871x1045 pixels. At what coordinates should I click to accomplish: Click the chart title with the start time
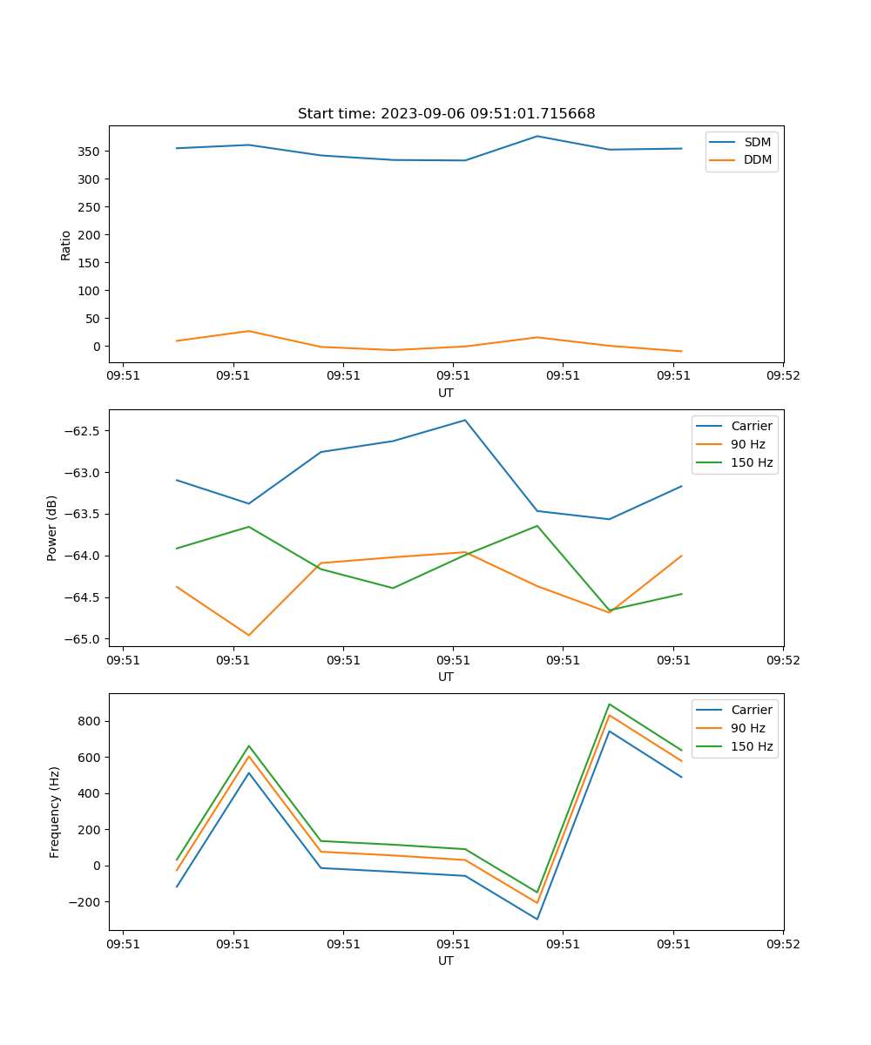pyautogui.click(x=446, y=114)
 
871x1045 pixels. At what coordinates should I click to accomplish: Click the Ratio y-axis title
pyautogui.click(x=66, y=245)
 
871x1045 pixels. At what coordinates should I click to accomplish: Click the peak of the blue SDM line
pyautogui.click(x=537, y=136)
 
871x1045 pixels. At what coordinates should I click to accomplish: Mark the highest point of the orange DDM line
pyautogui.click(x=249, y=331)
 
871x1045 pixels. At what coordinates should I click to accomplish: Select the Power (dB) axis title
pyautogui.click(x=52, y=528)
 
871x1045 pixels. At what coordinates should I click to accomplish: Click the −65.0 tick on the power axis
pyautogui.click(x=83, y=639)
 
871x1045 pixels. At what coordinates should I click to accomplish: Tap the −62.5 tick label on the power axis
pyautogui.click(x=83, y=431)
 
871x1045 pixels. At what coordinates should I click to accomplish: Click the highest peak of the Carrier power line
pyautogui.click(x=465, y=421)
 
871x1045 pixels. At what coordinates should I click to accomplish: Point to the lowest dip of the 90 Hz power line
pyautogui.click(x=249, y=635)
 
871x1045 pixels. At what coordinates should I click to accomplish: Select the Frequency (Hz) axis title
pyautogui.click(x=54, y=812)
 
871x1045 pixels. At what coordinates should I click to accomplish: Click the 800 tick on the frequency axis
pyautogui.click(x=89, y=721)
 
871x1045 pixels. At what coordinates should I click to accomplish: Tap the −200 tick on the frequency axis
pyautogui.click(x=84, y=901)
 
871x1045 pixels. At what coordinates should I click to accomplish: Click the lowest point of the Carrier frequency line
pyautogui.click(x=537, y=919)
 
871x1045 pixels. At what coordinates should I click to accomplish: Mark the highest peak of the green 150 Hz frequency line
pyautogui.click(x=610, y=704)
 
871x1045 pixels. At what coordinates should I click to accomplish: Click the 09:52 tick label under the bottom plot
pyautogui.click(x=782, y=944)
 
